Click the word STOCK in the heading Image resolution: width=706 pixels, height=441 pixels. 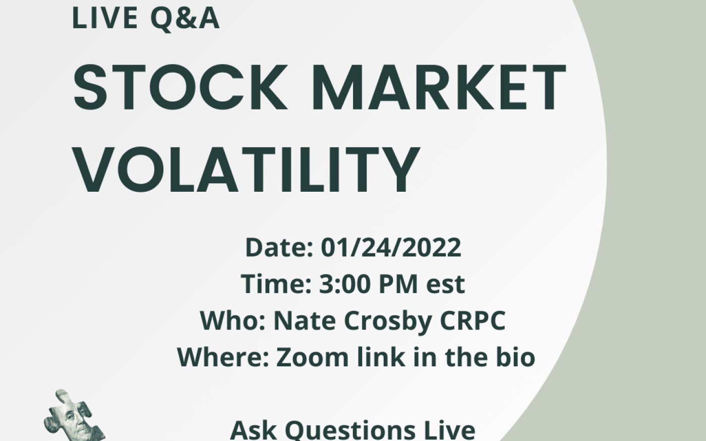pyautogui.click(x=180, y=87)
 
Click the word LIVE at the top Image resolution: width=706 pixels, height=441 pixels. pyautogui.click(x=105, y=18)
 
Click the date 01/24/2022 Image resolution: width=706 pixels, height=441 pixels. pyautogui.click(x=391, y=248)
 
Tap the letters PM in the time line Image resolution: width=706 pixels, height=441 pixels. pyautogui.click(x=398, y=284)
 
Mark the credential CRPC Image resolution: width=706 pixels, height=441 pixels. pyautogui.click(x=473, y=321)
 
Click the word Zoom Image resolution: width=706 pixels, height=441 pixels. pyautogui.click(x=312, y=357)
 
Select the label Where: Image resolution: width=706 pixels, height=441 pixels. pyautogui.click(x=223, y=357)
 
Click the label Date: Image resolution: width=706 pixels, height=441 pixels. pyautogui.click(x=279, y=248)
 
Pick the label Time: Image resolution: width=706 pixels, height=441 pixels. pyautogui.click(x=276, y=284)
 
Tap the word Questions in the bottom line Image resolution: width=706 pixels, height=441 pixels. pyautogui.click(x=350, y=431)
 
